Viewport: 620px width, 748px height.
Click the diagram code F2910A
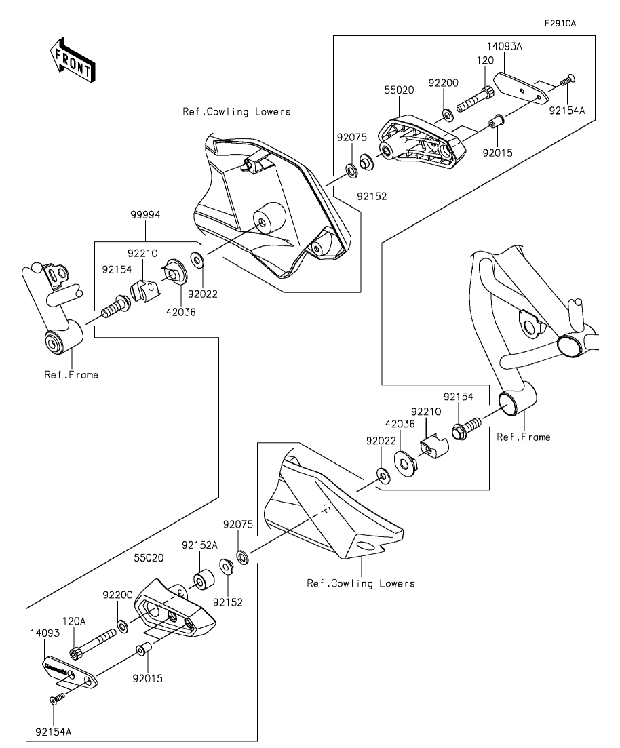[560, 23]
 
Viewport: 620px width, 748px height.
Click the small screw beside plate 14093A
[566, 81]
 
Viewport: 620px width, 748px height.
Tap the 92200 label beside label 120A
[117, 595]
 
